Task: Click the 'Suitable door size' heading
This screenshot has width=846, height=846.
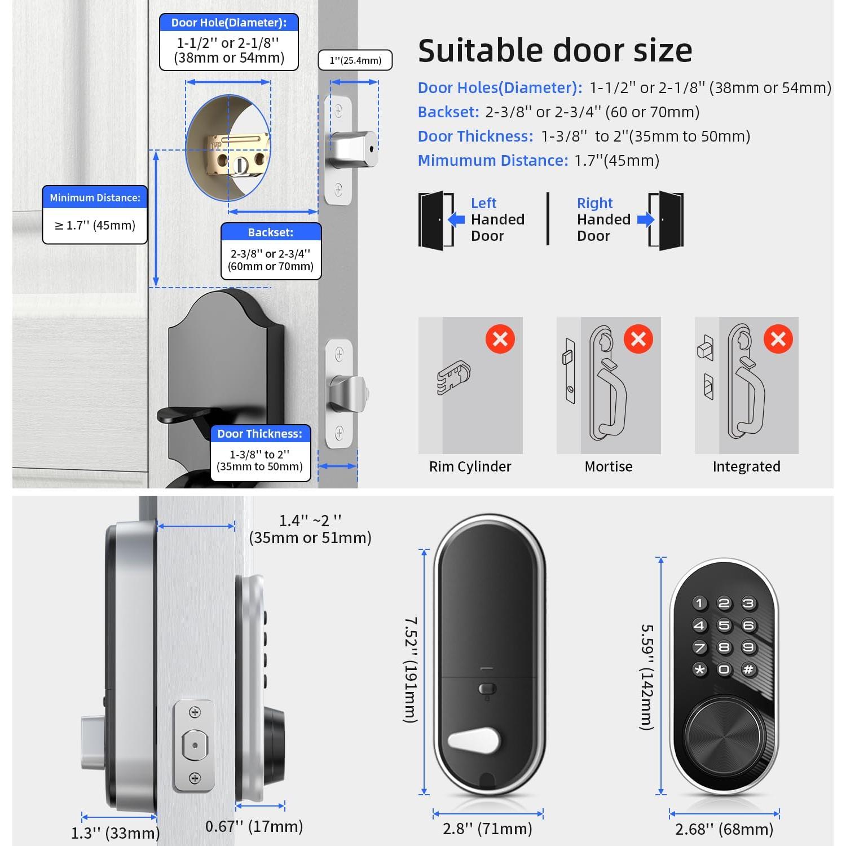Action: [555, 51]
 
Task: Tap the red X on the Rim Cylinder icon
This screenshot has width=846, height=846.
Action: [500, 339]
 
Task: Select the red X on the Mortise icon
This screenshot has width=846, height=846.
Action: [638, 339]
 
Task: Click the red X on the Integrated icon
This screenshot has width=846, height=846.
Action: [778, 339]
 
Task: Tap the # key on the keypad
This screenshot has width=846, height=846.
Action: [748, 669]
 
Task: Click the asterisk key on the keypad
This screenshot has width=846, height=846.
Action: [699, 669]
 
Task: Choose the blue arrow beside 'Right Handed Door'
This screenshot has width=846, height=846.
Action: [645, 219]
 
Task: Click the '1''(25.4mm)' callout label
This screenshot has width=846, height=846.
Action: [355, 60]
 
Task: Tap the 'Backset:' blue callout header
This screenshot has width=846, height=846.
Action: [271, 232]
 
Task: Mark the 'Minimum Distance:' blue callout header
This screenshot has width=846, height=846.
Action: [95, 198]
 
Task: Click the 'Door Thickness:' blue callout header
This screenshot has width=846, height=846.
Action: [260, 434]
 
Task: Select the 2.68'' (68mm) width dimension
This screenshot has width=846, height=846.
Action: [724, 829]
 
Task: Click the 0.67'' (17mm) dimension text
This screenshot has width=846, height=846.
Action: [254, 826]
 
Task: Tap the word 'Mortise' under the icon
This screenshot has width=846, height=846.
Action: [609, 466]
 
